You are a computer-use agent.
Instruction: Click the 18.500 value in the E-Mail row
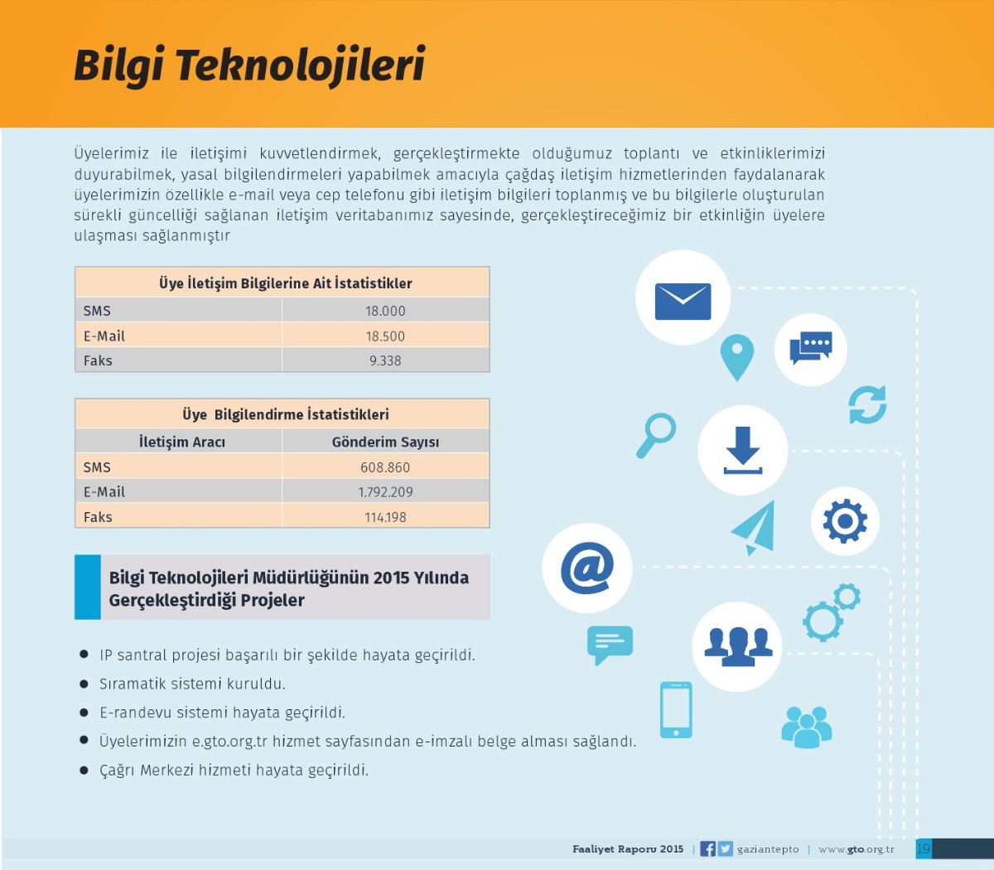(385, 336)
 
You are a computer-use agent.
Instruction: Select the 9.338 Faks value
(385, 360)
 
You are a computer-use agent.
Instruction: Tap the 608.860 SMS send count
(385, 467)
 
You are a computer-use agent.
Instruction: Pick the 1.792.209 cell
(385, 492)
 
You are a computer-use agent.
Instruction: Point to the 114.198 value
(385, 517)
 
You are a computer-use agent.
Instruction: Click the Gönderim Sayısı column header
(385, 442)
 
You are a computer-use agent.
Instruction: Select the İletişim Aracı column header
(182, 442)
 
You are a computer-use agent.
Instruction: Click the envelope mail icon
(683, 302)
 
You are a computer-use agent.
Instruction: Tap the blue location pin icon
(736, 357)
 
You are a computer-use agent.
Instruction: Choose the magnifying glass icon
(656, 435)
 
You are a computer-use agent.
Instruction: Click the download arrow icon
(743, 450)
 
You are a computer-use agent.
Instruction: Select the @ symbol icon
(587, 568)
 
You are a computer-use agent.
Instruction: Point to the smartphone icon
(676, 710)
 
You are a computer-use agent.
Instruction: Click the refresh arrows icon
(867, 405)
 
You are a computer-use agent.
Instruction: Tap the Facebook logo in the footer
(708, 849)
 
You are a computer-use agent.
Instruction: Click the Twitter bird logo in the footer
(725, 849)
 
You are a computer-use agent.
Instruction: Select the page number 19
(924, 849)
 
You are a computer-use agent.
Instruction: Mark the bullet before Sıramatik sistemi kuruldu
(84, 684)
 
